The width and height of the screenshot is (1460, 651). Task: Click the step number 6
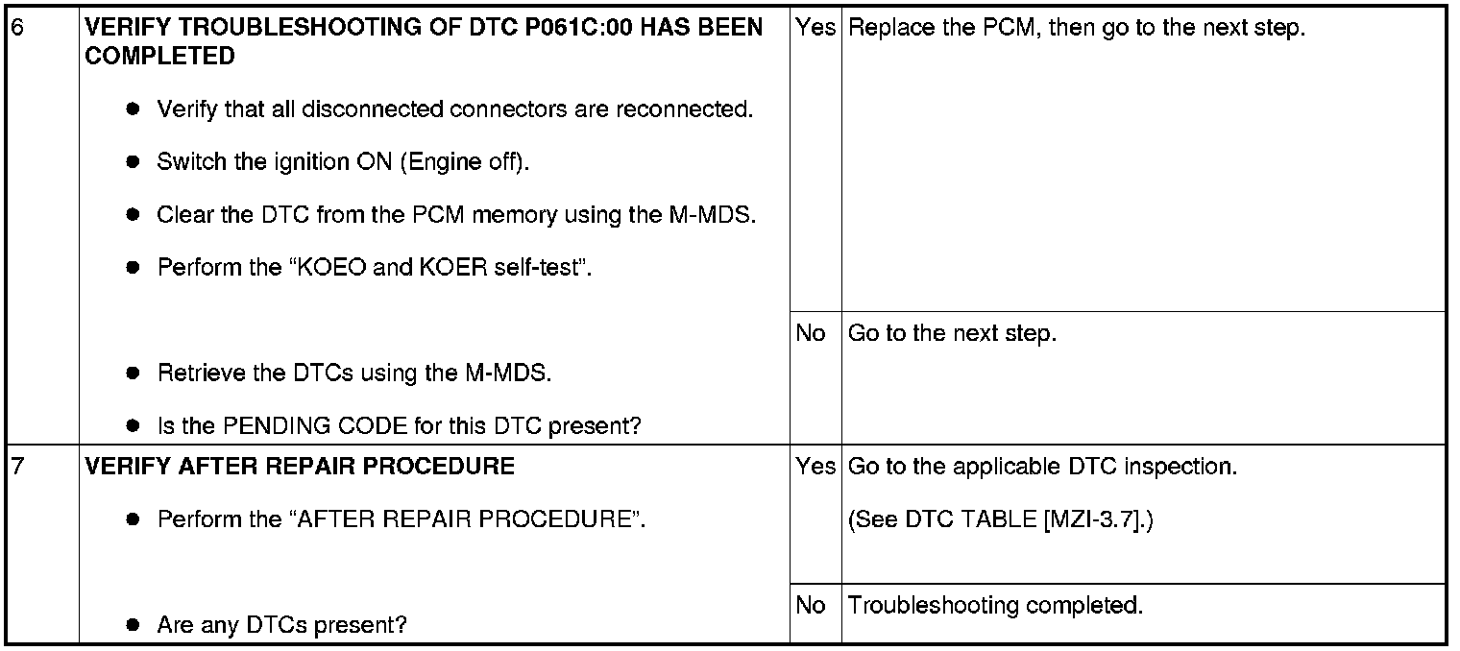click(x=18, y=28)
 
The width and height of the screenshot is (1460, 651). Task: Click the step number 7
click(x=18, y=466)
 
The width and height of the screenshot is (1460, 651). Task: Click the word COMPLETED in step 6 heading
click(x=159, y=56)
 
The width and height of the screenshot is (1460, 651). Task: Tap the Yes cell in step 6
click(x=815, y=28)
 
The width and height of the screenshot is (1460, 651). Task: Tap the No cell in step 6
click(x=810, y=333)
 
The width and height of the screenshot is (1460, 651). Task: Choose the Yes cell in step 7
click(x=815, y=466)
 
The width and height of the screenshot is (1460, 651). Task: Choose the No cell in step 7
click(x=810, y=605)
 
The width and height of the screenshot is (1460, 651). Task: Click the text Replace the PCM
click(x=941, y=28)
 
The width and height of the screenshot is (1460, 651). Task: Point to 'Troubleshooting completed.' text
click(x=995, y=606)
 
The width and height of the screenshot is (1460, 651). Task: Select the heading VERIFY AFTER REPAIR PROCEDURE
click(x=300, y=466)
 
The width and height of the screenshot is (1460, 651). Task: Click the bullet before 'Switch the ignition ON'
click(x=133, y=161)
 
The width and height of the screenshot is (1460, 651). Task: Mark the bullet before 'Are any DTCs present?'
click(x=133, y=625)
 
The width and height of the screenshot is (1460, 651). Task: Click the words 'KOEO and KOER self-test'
click(x=439, y=267)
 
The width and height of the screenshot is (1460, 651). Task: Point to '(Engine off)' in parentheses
click(x=464, y=162)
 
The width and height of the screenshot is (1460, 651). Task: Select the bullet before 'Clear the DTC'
click(x=133, y=214)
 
